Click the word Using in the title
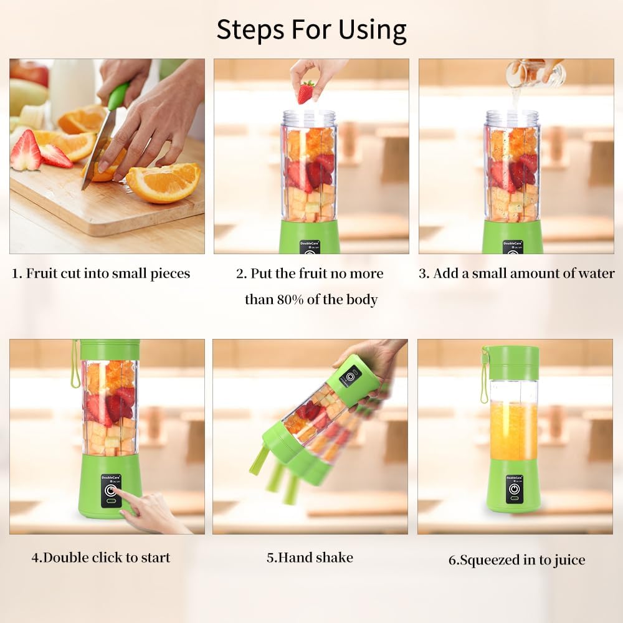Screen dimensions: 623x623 click(x=372, y=29)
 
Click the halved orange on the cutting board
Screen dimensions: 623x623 click(x=163, y=182)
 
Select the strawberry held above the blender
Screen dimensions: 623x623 click(x=305, y=92)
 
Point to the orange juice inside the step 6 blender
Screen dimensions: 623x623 click(x=513, y=430)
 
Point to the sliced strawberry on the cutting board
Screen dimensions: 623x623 click(x=26, y=151)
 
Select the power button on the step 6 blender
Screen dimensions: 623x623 click(x=514, y=489)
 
